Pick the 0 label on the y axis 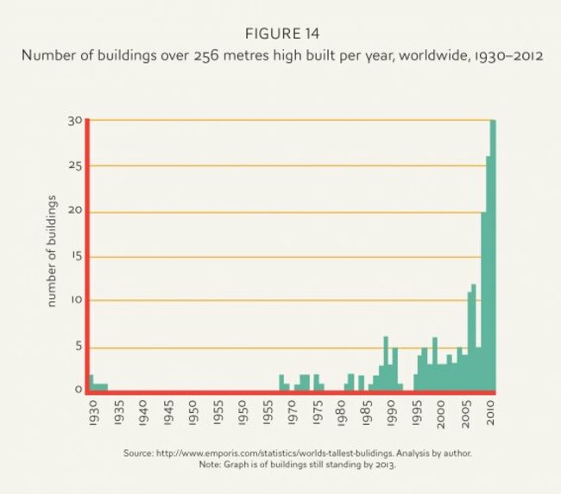tap(77, 390)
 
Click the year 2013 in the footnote tap(385, 464)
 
